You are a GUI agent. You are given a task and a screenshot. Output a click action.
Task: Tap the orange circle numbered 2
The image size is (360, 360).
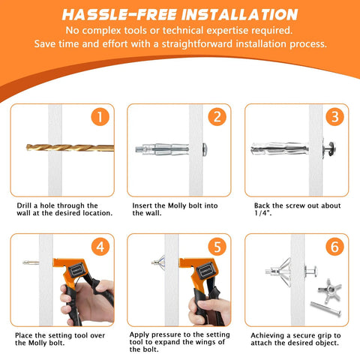coord(217,118)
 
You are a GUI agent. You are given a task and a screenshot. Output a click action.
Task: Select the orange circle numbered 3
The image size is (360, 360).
coord(335,118)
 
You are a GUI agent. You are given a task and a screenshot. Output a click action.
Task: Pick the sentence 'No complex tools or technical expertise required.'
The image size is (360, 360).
coord(180,30)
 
